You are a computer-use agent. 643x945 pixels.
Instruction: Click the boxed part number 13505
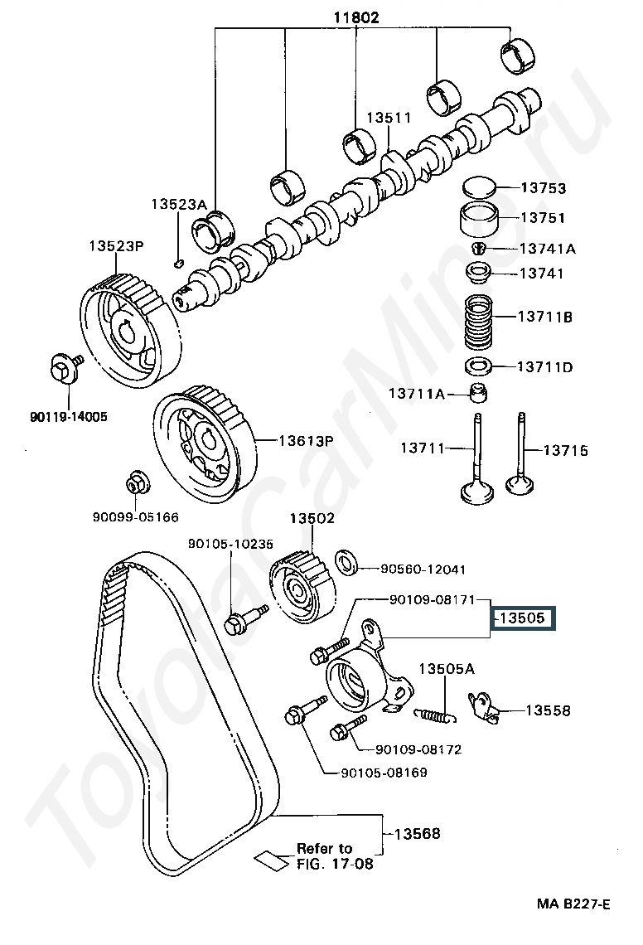click(x=523, y=618)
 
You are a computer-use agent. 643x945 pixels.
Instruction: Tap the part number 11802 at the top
click(x=357, y=17)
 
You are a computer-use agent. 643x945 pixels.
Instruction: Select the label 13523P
click(x=117, y=246)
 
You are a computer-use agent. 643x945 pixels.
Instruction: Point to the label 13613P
click(x=304, y=441)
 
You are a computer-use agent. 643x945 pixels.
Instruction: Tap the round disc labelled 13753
click(x=477, y=187)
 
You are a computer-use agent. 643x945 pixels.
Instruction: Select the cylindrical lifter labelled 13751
click(x=477, y=220)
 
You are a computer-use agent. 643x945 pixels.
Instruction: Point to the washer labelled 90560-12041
click(x=346, y=563)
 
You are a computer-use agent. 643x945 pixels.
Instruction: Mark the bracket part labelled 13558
click(x=486, y=708)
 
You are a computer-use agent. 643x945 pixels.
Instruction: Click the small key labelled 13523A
click(x=178, y=264)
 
